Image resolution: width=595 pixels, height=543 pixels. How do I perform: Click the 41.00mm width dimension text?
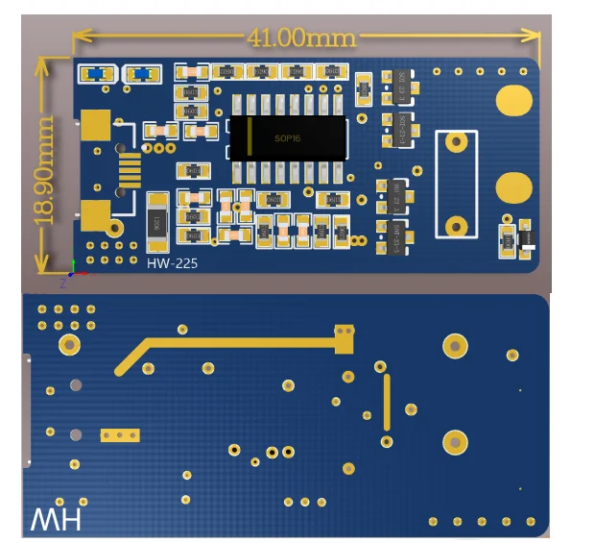(x=301, y=38)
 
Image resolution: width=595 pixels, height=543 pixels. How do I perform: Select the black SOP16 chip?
(x=287, y=138)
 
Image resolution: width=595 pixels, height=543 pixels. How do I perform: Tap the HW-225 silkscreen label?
(x=173, y=261)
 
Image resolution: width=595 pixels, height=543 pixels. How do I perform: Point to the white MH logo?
(x=57, y=520)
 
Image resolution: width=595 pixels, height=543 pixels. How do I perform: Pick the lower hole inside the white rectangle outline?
(x=457, y=226)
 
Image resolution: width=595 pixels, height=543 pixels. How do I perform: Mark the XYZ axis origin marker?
(x=73, y=272)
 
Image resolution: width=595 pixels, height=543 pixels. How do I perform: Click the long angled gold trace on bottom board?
(x=230, y=341)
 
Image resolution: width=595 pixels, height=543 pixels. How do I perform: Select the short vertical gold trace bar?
(x=387, y=403)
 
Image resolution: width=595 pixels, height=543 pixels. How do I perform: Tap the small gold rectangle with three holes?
(x=121, y=435)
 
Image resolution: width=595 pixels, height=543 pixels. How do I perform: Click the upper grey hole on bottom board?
(x=77, y=385)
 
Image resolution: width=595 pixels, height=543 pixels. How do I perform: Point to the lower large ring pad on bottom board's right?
(x=455, y=442)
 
